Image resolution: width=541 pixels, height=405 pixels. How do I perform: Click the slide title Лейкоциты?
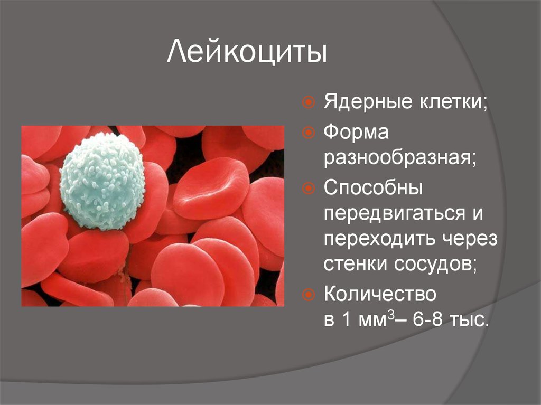pyautogui.click(x=247, y=52)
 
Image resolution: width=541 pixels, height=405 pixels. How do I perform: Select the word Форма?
pyautogui.click(x=356, y=133)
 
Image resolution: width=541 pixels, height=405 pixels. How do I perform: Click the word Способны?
pyautogui.click(x=373, y=187)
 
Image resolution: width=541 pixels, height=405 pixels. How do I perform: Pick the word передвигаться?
pyautogui.click(x=395, y=214)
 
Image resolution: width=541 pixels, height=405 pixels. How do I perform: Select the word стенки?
pyautogui.click(x=356, y=265)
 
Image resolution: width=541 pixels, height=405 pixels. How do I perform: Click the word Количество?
pyautogui.click(x=380, y=294)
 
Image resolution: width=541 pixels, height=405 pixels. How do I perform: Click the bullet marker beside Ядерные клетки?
pyautogui.click(x=309, y=102)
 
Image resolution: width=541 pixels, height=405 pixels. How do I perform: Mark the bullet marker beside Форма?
pyautogui.click(x=309, y=133)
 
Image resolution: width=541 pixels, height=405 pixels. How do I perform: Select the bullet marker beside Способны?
pyautogui.click(x=309, y=188)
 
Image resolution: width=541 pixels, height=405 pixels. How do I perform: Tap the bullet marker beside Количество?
pyautogui.click(x=309, y=295)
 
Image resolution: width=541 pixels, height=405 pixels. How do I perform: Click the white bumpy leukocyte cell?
pyautogui.click(x=102, y=182)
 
